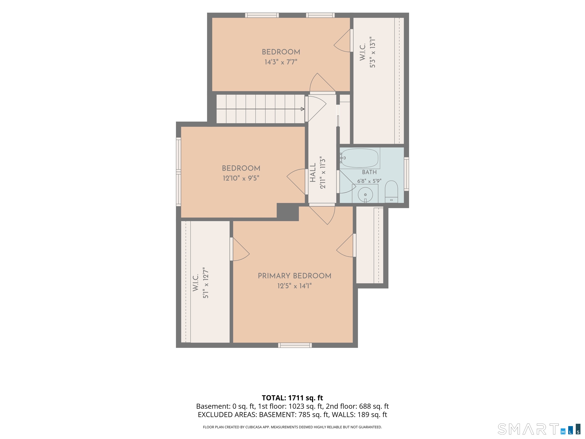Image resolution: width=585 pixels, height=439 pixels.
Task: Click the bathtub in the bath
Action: pyautogui.click(x=359, y=158)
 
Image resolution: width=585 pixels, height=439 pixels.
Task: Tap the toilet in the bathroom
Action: pyautogui.click(x=391, y=191)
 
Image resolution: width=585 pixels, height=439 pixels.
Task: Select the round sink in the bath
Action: pyautogui.click(x=365, y=195)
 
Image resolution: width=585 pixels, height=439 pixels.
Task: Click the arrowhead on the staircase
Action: pyautogui.click(x=303, y=109)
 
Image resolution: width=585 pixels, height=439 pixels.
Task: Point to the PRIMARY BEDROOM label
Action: pyautogui.click(x=294, y=276)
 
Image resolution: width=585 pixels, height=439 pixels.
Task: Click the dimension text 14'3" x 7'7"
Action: pyautogui.click(x=281, y=62)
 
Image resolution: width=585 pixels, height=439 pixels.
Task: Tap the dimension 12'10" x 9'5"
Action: pyautogui.click(x=241, y=178)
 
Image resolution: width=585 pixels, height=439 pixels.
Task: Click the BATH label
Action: pyautogui.click(x=369, y=172)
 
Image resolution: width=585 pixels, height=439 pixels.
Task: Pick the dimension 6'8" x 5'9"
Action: pyautogui.click(x=369, y=181)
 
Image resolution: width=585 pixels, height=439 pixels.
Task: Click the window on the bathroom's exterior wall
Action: pyautogui.click(x=407, y=174)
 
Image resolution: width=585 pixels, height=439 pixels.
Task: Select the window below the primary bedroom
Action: pyautogui.click(x=295, y=345)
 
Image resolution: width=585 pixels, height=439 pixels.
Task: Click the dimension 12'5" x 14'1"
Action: pyautogui.click(x=294, y=286)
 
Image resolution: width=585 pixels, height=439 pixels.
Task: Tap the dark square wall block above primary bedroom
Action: pyautogui.click(x=288, y=212)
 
